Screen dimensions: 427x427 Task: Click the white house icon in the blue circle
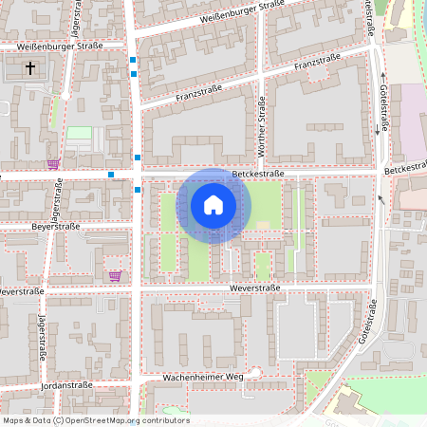click(213, 205)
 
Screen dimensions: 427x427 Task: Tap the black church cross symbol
click(30, 68)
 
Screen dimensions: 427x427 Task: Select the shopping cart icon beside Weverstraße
click(115, 276)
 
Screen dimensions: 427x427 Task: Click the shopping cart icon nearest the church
click(53, 163)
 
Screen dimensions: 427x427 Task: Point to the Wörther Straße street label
click(262, 123)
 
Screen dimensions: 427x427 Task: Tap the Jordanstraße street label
click(70, 386)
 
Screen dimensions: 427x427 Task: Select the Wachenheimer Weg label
click(203, 377)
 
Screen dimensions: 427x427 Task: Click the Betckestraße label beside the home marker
click(259, 174)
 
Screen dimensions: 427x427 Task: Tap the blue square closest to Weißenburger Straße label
click(134, 60)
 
